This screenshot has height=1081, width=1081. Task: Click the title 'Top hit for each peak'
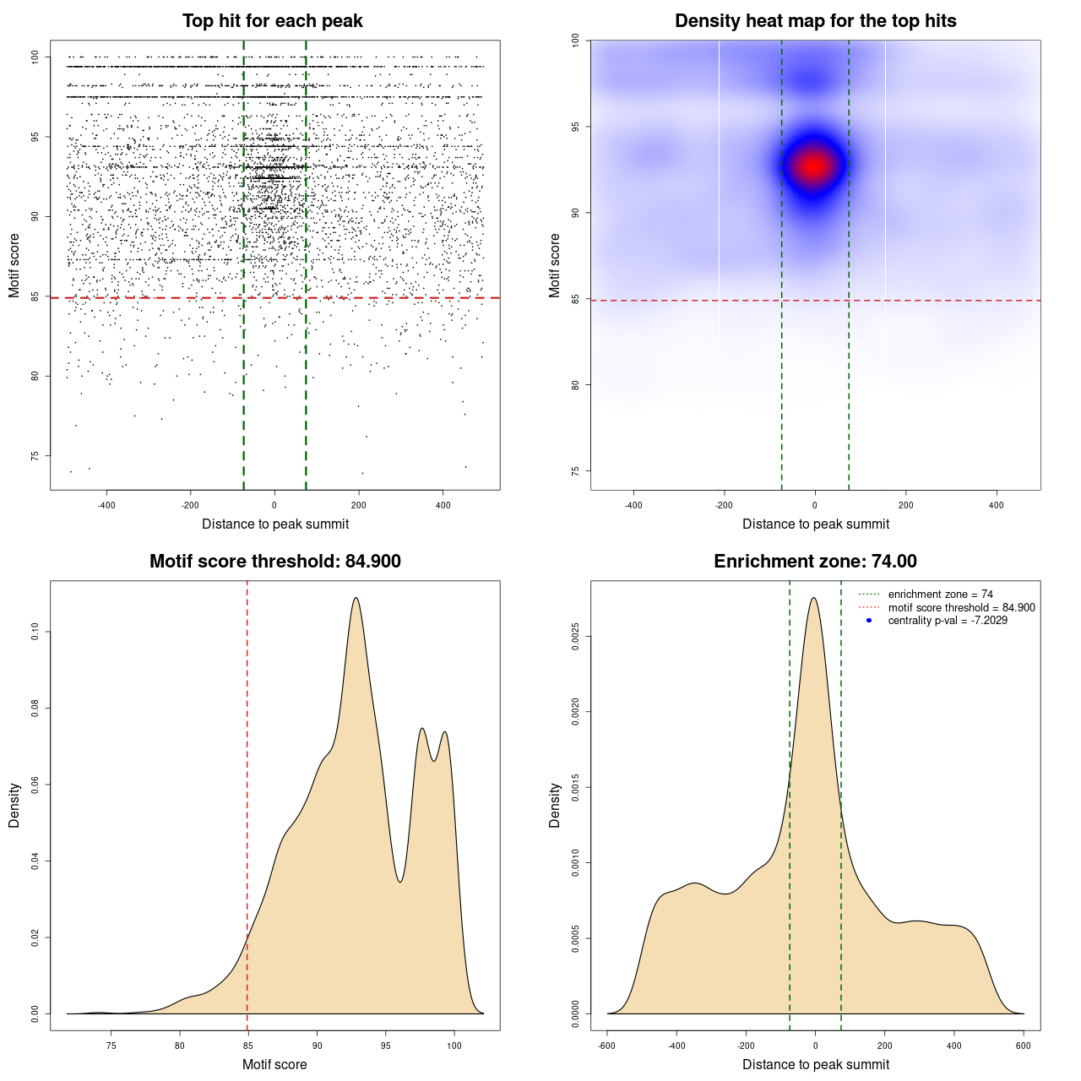pos(273,21)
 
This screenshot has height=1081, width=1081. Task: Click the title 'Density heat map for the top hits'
pos(815,21)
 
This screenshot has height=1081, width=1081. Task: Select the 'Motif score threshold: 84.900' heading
pos(274,562)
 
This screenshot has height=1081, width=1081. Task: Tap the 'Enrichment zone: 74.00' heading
pos(815,562)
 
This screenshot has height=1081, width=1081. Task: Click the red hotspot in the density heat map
pos(813,166)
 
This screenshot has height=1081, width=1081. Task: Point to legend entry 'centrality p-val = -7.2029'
pos(948,621)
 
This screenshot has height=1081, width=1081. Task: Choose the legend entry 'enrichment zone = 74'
pos(940,595)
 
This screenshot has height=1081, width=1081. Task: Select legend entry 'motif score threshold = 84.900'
pos(961,607)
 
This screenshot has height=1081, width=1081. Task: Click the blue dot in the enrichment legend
pos(869,621)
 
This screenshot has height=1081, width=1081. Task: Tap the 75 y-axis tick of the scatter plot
pos(35,456)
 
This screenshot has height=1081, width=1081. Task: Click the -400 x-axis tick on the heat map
pos(633,505)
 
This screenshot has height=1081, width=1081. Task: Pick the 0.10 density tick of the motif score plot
pos(35,632)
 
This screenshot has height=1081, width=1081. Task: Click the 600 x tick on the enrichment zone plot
pos(1024,1046)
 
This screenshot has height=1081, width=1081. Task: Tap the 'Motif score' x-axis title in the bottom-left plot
pos(274,1064)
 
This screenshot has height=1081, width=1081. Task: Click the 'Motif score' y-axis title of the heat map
pos(555,265)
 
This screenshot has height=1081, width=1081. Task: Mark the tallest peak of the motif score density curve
pos(356,598)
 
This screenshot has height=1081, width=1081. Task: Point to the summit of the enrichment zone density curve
pos(814,598)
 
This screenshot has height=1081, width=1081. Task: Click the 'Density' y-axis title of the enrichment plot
pos(555,805)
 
